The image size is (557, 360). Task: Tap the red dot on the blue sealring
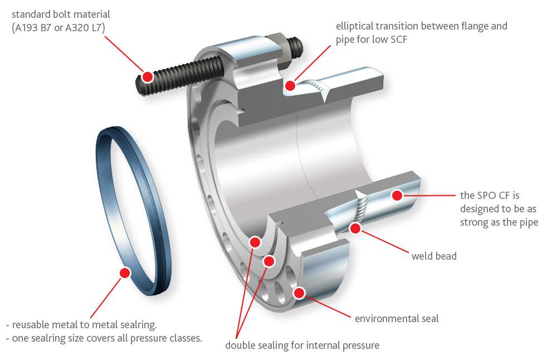pyautogui.click(x=125, y=272)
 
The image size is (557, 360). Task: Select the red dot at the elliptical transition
pyautogui.click(x=290, y=85)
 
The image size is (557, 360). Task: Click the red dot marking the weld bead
pyautogui.click(x=355, y=227)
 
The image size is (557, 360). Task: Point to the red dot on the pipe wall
pyautogui.click(x=397, y=195)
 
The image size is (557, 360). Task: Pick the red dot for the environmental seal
pyautogui.click(x=300, y=293)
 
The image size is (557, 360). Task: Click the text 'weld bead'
pyautogui.click(x=434, y=256)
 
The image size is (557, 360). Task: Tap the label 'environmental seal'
pyautogui.click(x=397, y=319)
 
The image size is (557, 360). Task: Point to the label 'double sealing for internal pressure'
pyautogui.click(x=302, y=346)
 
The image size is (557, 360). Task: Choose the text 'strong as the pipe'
pyautogui.click(x=499, y=222)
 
